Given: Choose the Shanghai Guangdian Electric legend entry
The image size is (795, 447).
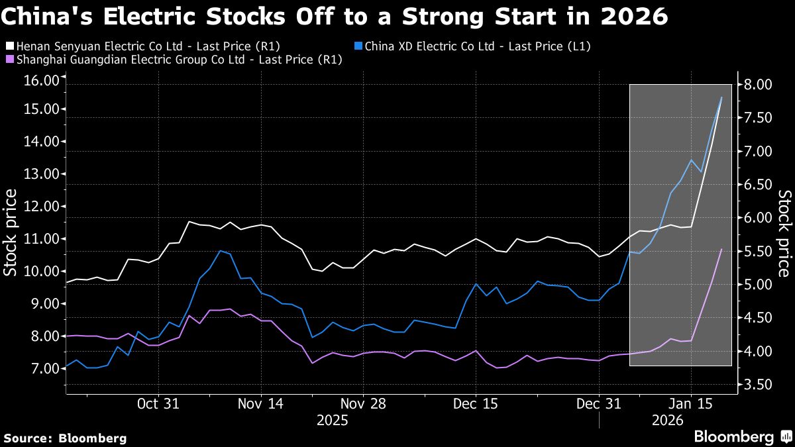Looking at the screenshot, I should coord(172,60).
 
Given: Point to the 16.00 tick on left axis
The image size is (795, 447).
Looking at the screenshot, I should coord(41,81).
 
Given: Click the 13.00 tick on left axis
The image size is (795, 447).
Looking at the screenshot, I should coord(41,174).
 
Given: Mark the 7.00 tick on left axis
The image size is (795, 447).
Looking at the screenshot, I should coord(41,369).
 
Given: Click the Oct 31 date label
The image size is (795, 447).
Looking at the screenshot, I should coord(158,403).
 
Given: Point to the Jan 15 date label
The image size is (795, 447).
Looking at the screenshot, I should coord(690,403).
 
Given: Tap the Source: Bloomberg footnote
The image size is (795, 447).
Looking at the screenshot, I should coord(65,438).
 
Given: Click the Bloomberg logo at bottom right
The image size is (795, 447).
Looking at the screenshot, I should coord(741,436).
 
